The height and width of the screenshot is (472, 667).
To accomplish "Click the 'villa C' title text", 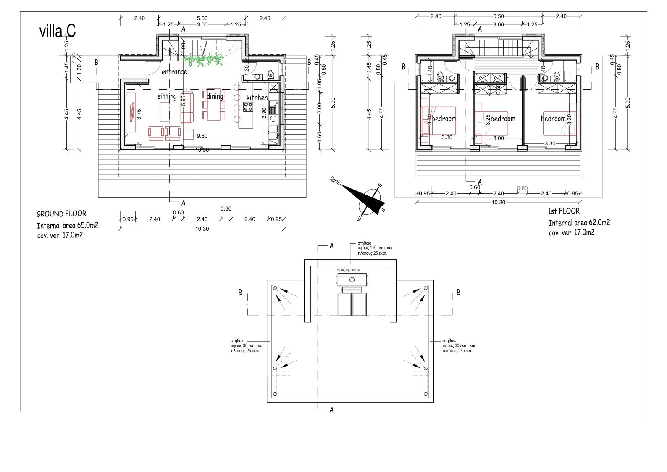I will pyautogui.click(x=58, y=32).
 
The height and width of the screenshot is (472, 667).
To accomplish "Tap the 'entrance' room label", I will pyautogui.click(x=174, y=72).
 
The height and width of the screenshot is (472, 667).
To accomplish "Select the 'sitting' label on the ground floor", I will pyautogui.click(x=167, y=96).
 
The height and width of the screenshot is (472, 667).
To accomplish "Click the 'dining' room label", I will pyautogui.click(x=215, y=97).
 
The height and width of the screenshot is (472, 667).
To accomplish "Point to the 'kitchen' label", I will pyautogui.click(x=257, y=98).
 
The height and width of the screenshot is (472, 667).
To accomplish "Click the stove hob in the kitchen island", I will pyautogui.click(x=248, y=106).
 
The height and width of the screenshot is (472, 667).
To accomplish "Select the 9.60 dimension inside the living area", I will pyautogui.click(x=202, y=136).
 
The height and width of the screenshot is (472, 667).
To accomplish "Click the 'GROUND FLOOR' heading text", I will pyautogui.click(x=61, y=214).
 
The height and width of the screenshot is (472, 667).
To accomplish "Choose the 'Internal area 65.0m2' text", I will pyautogui.click(x=67, y=226).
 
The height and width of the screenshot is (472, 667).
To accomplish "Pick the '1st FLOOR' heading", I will pyautogui.click(x=564, y=211).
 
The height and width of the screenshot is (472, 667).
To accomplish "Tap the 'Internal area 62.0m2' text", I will pyautogui.click(x=579, y=223).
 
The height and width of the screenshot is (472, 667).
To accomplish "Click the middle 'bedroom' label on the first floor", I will pyautogui.click(x=503, y=119).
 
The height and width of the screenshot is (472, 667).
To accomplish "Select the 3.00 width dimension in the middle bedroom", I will pyautogui.click(x=498, y=138).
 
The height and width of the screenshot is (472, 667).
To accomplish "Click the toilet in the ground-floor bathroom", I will pyautogui.click(x=270, y=75).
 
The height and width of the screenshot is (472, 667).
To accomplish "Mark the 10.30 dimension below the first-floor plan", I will pyautogui.click(x=498, y=202).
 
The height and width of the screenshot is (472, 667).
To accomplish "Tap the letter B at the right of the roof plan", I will pyautogui.click(x=458, y=292).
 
